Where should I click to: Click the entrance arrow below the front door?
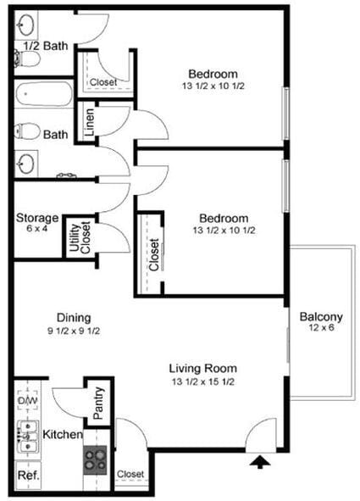click(x=262, y=462)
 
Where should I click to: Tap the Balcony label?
click(x=321, y=317)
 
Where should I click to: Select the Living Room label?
click(x=202, y=368)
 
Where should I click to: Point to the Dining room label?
click(x=74, y=318)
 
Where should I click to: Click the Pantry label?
click(x=98, y=402)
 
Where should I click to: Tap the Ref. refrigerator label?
click(x=28, y=476)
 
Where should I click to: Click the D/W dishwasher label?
click(x=27, y=399)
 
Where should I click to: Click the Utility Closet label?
click(x=80, y=236)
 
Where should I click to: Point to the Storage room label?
click(x=36, y=218)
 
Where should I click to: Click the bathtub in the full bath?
click(x=44, y=92)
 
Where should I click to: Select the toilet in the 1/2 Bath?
click(x=25, y=58)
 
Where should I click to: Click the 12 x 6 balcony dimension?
click(x=321, y=329)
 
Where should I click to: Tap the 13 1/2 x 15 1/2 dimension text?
click(x=202, y=381)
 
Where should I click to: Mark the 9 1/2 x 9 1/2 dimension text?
click(x=74, y=331)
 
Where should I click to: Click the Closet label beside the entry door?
click(x=130, y=474)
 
